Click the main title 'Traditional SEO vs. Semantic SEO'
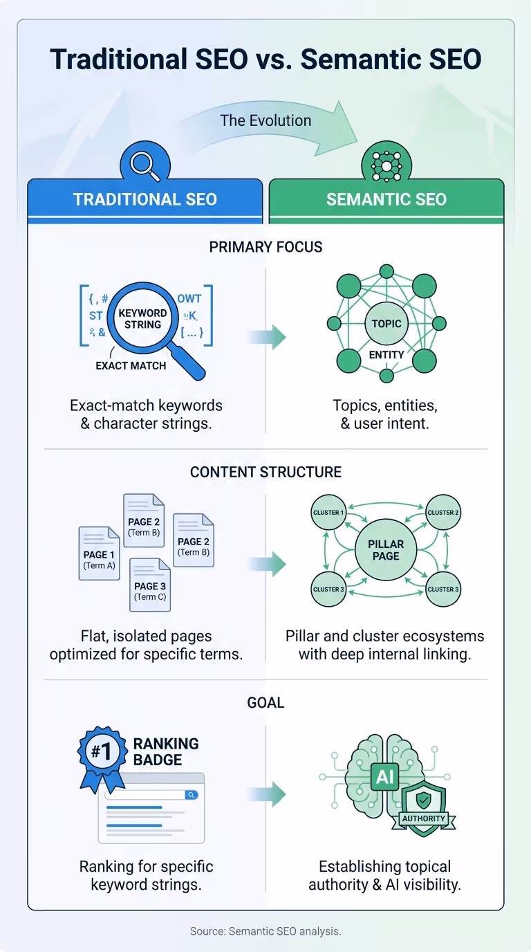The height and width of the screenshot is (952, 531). coord(265,59)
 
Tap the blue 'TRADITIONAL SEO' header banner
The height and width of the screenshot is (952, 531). coord(145,200)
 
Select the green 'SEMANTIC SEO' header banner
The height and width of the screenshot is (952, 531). coord(386,200)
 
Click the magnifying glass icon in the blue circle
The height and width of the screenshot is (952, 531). coord(145,164)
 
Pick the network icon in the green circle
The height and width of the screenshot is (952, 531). coord(386,164)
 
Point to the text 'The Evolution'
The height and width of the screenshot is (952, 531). coord(265,120)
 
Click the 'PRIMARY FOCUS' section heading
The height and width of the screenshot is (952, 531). coord(265,247)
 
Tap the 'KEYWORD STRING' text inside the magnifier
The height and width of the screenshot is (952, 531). coord(142,318)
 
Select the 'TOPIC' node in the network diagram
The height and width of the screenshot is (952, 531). coord(386,323)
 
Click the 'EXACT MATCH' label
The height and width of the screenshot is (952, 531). coord(131,365)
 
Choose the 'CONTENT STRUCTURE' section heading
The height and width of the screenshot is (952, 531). coord(265,473)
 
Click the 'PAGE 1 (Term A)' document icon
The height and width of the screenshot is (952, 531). coord(99,553)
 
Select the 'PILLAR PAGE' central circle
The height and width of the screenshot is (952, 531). coord(386,550)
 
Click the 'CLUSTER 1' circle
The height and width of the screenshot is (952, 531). coord(328,513)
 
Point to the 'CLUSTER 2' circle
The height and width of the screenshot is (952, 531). coord(443,513)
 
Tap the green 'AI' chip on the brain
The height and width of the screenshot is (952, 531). coord(385,776)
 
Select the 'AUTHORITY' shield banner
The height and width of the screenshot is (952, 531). coord(423,818)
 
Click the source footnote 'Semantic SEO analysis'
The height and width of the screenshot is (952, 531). coord(265,931)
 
